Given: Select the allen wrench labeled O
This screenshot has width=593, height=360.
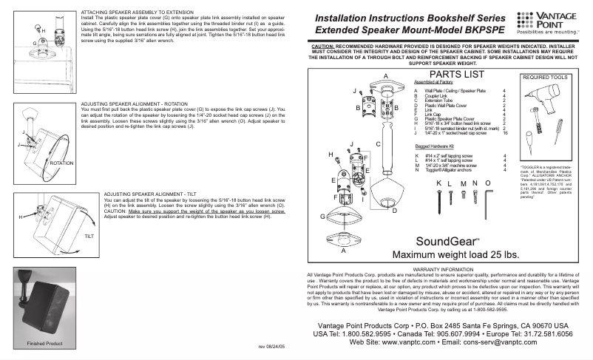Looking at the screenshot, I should coord(487,193).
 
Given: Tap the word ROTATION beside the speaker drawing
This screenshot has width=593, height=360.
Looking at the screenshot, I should coord(64,161).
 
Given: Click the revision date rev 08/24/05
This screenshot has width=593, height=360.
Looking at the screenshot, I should coord(272,346).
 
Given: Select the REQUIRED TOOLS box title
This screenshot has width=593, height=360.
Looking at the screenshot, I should coord(546,76).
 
